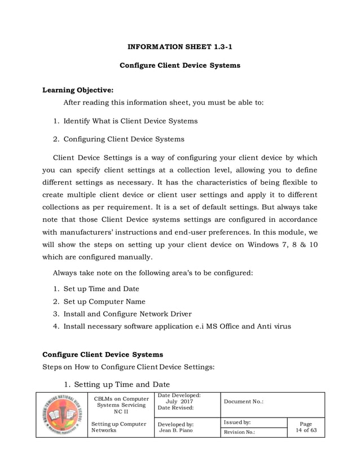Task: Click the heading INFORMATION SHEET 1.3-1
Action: [x=180, y=47]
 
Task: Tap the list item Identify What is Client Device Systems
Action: [x=130, y=121]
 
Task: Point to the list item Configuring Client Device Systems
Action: [x=123, y=139]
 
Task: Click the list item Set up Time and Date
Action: [x=101, y=289]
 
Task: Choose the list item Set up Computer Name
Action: [x=104, y=301]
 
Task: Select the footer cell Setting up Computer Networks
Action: [x=117, y=427]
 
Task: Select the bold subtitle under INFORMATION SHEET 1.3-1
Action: [x=180, y=65]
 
